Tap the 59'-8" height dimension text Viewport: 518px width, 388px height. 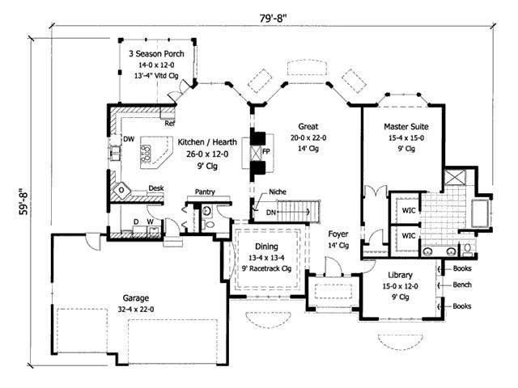coord(22,206)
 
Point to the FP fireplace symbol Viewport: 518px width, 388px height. coord(257,152)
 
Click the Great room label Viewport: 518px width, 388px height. coord(307,126)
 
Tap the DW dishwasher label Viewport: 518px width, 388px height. coord(128,138)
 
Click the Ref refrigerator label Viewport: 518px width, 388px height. coord(171,124)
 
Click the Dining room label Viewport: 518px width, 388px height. coord(266,247)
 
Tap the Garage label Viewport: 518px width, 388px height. coord(129,296)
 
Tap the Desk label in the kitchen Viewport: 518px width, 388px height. coord(155,188)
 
